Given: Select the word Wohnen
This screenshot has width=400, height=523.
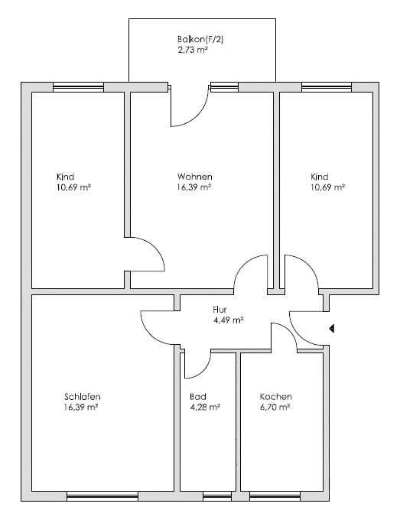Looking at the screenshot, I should (194, 176).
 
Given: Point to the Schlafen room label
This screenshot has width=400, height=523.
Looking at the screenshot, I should (83, 397).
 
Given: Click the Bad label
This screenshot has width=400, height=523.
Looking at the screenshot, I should (197, 397).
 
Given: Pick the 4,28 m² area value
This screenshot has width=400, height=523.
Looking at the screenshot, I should (205, 408).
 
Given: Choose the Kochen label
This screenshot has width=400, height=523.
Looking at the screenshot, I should (275, 397).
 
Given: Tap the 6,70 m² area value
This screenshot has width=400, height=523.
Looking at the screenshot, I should (275, 408).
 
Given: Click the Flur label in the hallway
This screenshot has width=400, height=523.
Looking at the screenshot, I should (221, 310).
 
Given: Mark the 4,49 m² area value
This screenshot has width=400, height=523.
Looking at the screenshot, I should (229, 320).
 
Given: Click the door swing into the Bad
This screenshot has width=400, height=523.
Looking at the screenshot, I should (198, 359).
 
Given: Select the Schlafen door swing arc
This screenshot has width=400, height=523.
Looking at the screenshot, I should (156, 327).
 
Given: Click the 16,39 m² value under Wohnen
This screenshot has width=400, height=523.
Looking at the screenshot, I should (193, 187).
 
